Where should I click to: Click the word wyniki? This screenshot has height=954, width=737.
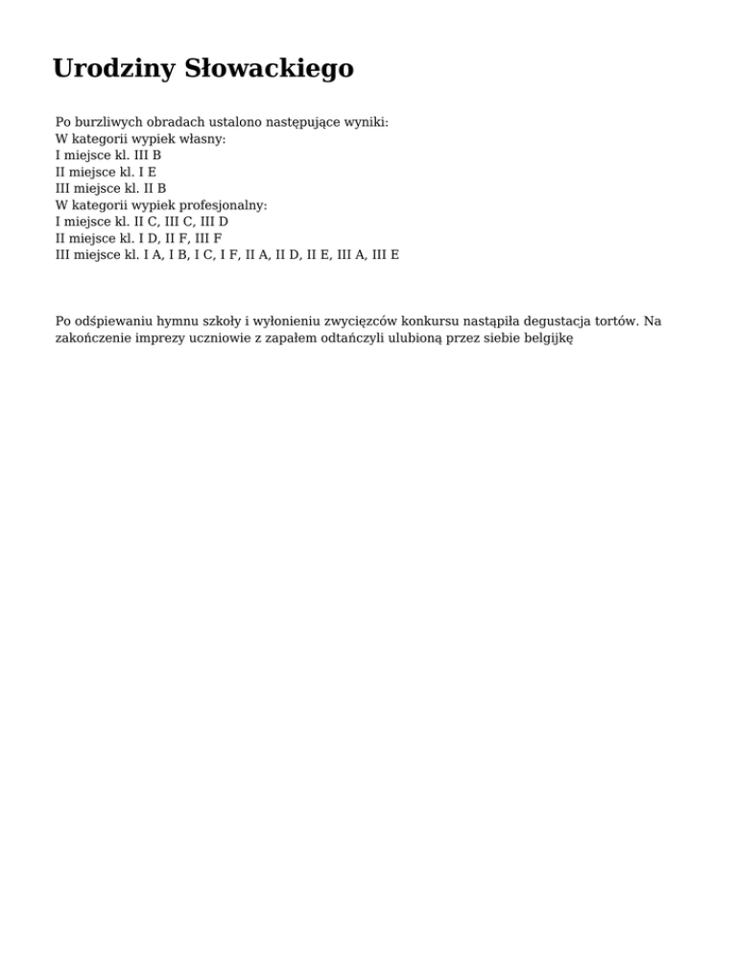click(366, 123)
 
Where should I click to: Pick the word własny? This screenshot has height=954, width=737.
click(204, 139)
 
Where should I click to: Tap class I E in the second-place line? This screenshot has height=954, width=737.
click(146, 172)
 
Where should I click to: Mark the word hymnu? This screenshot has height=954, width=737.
click(171, 321)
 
